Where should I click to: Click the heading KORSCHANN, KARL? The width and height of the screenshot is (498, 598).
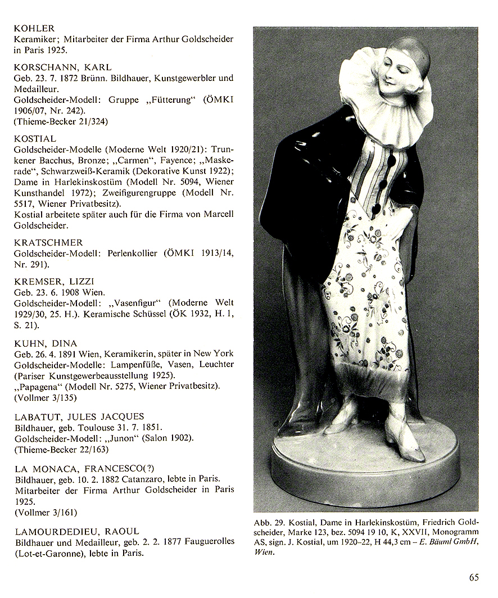pyautogui.click(x=62, y=67)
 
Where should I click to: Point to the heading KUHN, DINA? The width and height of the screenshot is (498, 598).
pyautogui.click(x=45, y=343)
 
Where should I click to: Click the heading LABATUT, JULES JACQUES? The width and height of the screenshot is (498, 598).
pyautogui.click(x=79, y=416)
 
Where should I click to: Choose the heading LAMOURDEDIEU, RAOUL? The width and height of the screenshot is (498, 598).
pyautogui.click(x=76, y=531)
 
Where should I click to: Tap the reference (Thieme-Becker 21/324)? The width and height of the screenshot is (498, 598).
pyautogui.click(x=60, y=121)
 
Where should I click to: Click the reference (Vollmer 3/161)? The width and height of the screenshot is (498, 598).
pyautogui.click(x=46, y=512)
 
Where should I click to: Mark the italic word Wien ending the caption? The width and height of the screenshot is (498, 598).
pyautogui.click(x=264, y=552)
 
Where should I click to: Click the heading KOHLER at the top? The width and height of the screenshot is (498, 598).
pyautogui.click(x=34, y=28)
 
